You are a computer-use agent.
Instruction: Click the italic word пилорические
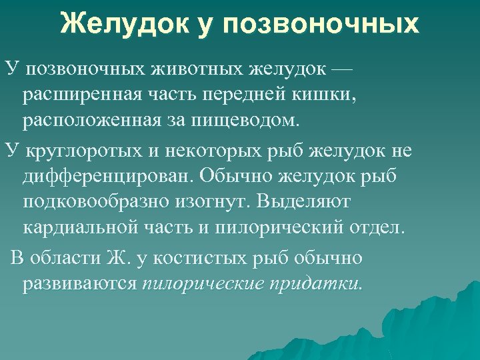[203, 284]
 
